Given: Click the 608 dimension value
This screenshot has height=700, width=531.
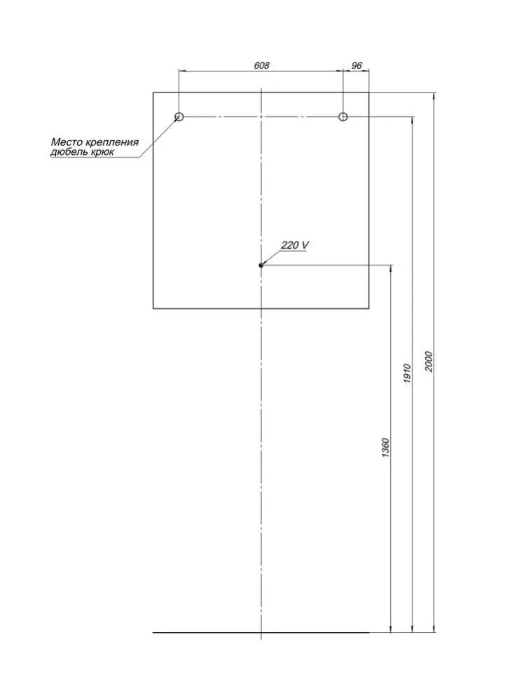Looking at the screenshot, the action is (x=261, y=65).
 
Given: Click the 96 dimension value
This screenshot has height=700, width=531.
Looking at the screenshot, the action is (x=357, y=65).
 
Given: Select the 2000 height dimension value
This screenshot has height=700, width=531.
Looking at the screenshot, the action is (x=429, y=362).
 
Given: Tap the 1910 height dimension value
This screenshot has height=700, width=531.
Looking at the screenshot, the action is (x=407, y=374).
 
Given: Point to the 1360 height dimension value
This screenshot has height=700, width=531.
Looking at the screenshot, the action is (x=387, y=447).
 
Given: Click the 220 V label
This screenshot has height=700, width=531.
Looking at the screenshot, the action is (x=294, y=245).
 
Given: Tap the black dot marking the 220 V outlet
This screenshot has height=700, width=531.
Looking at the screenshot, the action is (x=261, y=265).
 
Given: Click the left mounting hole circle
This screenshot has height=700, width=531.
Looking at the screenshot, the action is (x=179, y=117).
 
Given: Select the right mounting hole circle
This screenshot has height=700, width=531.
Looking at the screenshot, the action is (x=343, y=117).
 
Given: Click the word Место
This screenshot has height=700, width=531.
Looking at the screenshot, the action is (x=66, y=142).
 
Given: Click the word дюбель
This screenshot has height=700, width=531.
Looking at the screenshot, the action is (x=70, y=152).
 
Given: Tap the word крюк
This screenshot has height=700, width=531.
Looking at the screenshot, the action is (x=104, y=153).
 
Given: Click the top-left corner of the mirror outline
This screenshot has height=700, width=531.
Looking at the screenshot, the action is (x=153, y=92).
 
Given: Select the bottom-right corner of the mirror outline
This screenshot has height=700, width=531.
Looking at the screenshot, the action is (x=369, y=308).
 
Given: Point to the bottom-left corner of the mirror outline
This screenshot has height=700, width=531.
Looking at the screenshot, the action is (x=153, y=308).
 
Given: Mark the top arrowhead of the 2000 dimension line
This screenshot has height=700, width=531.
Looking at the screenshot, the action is (x=434, y=95).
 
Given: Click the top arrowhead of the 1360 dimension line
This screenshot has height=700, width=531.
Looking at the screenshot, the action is (x=392, y=268).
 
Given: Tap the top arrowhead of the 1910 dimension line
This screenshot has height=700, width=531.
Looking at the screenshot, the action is (x=413, y=120).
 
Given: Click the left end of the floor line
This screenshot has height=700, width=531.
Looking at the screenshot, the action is (x=153, y=632).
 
